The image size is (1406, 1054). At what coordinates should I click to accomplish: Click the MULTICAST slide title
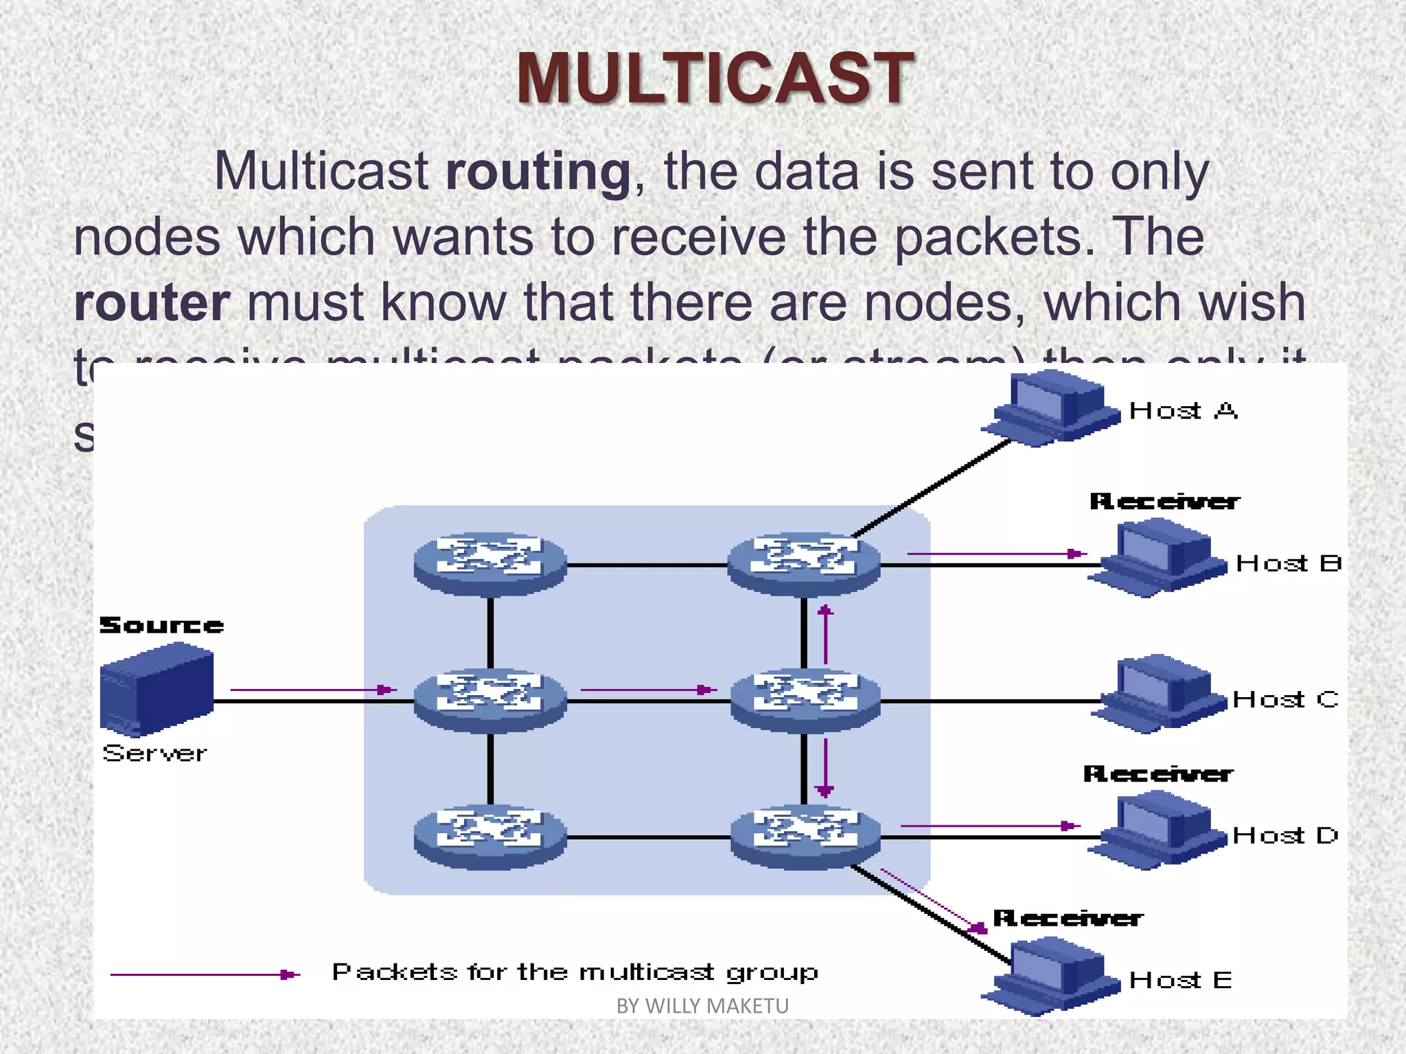tap(715, 79)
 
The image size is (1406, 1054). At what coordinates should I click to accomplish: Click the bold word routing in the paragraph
tap(538, 172)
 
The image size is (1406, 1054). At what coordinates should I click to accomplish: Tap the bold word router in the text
tap(152, 303)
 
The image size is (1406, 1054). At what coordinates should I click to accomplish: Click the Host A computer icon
tap(1050, 408)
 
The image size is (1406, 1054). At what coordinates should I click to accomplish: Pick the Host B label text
tap(1288, 564)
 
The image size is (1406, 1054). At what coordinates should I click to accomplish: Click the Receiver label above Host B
tap(1164, 502)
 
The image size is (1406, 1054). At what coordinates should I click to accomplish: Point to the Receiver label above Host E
tap(1068, 918)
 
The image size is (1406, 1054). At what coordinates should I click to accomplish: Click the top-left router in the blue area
tap(490, 563)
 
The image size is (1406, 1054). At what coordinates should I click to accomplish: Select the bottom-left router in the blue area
tap(490, 836)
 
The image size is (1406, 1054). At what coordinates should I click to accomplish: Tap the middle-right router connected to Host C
tap(805, 699)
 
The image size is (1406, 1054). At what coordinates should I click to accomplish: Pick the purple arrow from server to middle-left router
tap(313, 690)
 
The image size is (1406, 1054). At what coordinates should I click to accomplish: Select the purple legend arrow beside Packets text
tap(205, 974)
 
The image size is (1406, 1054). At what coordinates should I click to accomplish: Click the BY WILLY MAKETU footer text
tap(702, 1006)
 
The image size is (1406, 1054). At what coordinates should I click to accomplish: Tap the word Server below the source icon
tap(154, 753)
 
